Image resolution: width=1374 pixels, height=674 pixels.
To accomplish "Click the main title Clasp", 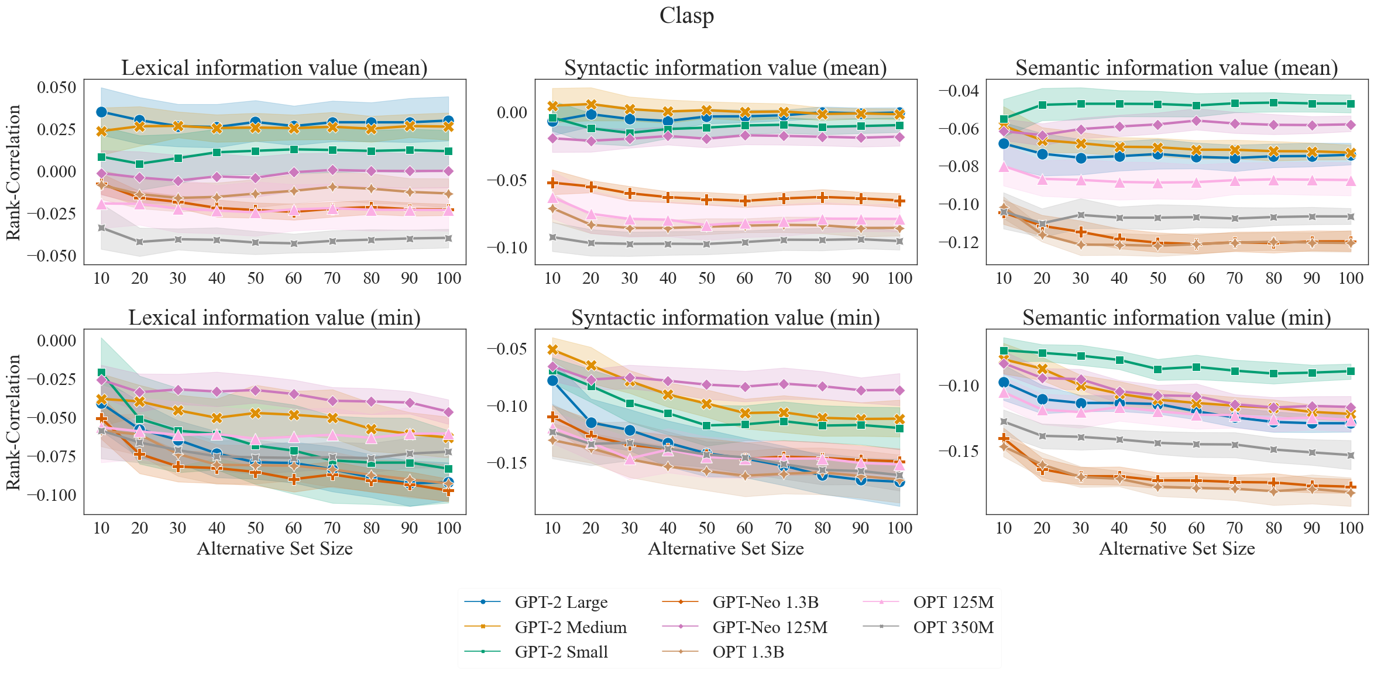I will click(686, 16).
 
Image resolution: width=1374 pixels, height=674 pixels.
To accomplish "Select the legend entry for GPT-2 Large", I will click(561, 602).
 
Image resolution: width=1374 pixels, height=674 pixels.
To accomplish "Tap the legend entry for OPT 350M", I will click(953, 627).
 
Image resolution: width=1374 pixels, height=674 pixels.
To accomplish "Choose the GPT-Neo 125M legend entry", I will click(770, 627).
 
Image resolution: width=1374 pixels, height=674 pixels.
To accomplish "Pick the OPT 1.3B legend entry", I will click(748, 652).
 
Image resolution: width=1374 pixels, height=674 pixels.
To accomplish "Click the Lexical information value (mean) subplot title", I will click(274, 68).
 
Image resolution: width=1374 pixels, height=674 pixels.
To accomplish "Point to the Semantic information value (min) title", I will click(1176, 318).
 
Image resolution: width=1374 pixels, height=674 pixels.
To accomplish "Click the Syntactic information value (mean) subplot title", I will click(725, 68).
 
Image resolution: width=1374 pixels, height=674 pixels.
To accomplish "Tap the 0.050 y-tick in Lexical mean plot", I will click(57, 88).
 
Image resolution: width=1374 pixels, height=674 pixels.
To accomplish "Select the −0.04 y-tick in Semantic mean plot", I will click(959, 91).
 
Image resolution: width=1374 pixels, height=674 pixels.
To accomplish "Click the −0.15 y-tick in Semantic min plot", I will click(959, 451).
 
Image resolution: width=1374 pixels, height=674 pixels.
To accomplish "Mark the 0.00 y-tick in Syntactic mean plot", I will click(512, 112).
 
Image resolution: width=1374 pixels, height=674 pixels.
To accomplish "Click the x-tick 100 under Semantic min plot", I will click(1351, 528).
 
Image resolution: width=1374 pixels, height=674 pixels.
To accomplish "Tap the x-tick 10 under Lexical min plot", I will click(101, 528).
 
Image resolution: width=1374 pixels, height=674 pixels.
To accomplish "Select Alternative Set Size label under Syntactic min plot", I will click(726, 549).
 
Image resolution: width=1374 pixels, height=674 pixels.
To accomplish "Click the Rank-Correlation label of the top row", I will click(13, 173).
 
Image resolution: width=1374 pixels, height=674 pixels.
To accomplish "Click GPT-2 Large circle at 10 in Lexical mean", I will click(101, 112).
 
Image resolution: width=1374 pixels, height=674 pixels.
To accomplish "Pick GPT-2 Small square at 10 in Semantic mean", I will click(1004, 119).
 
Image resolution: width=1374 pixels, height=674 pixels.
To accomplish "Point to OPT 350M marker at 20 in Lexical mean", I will click(139, 242).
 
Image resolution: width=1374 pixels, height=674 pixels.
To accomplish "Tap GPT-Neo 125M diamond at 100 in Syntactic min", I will click(899, 390).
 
